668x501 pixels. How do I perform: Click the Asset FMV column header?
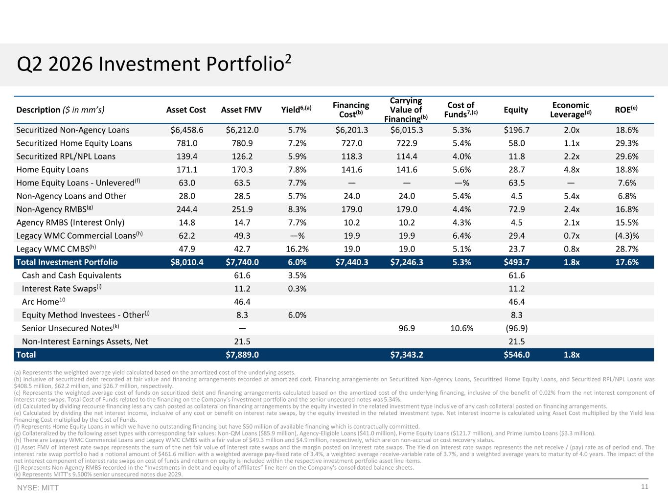(241, 110)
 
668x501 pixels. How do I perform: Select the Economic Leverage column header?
(571, 110)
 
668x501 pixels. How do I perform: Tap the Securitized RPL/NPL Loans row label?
(66, 157)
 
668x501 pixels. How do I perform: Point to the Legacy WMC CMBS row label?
(56, 249)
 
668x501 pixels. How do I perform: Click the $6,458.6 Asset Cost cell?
(187, 130)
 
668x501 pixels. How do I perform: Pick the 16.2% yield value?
(297, 249)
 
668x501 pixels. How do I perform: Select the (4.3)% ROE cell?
(627, 236)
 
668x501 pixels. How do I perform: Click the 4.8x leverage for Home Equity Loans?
(572, 170)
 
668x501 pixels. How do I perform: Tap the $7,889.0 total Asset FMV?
(242, 355)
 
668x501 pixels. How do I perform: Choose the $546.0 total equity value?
(516, 355)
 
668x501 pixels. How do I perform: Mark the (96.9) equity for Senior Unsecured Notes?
(516, 328)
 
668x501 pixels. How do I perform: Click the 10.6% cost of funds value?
(461, 328)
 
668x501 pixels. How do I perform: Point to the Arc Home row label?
(44, 301)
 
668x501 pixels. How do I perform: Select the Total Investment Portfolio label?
(67, 262)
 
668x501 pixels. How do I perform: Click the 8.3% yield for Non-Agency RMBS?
(297, 209)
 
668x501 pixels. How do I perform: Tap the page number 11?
(645, 487)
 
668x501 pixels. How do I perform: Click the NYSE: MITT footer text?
(38, 488)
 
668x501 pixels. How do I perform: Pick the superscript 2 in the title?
(288, 58)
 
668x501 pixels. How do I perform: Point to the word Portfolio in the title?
(245, 64)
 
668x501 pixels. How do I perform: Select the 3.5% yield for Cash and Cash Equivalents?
(297, 275)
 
